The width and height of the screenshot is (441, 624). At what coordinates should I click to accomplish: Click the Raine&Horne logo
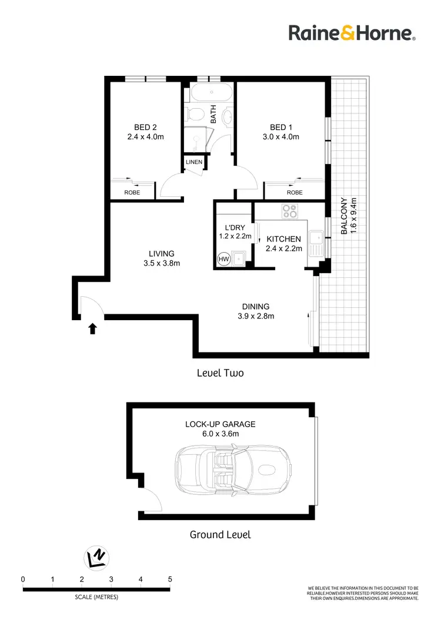pos(352,32)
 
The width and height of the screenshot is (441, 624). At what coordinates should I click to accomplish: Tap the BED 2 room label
pos(145,127)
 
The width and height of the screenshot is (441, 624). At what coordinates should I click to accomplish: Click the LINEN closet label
pos(193,162)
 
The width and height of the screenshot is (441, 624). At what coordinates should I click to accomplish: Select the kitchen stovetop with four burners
pos(289,210)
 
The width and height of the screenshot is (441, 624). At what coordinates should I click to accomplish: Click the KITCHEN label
pos(284,239)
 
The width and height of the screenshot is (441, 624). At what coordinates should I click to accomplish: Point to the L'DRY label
pos(235,227)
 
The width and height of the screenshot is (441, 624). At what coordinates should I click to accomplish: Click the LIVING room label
pos(161,254)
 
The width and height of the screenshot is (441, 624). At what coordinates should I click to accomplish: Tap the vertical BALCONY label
pos(344,216)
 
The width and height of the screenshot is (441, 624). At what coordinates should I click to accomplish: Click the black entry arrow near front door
pos(92,328)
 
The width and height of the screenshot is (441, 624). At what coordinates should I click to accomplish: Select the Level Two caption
pos(220,373)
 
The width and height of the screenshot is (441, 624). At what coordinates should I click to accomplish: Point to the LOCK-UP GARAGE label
pos(220,424)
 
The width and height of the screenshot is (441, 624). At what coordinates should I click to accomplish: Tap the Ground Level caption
pos(220,535)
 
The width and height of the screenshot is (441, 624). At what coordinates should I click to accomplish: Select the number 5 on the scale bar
pos(170,579)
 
